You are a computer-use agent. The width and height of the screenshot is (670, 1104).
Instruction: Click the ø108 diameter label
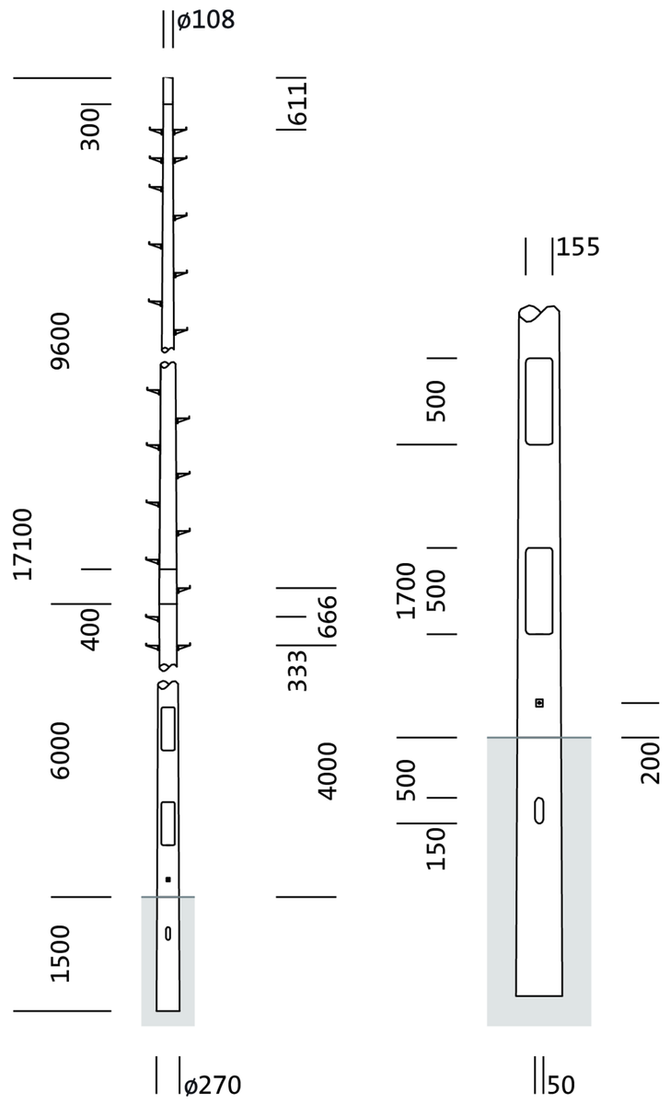coord(206,20)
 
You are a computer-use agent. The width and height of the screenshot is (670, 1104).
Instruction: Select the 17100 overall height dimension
coord(23,544)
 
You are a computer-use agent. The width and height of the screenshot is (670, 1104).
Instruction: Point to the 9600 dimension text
coord(61,340)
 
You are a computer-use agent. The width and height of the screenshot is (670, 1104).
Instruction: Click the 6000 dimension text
coord(61,751)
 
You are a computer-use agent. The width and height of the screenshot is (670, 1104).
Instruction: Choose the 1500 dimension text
coord(61,954)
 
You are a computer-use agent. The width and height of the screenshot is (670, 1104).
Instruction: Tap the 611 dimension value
coord(297,103)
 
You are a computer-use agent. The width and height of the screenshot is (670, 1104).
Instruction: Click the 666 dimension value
coord(327,617)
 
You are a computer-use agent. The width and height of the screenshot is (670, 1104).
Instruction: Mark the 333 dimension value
coord(297,671)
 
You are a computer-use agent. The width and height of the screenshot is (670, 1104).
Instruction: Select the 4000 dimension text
coord(327,771)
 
